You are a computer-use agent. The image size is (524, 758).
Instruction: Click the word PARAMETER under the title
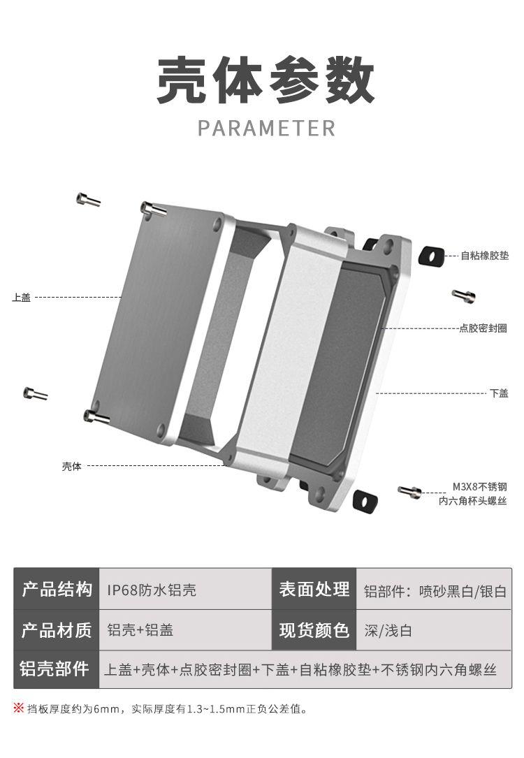266,129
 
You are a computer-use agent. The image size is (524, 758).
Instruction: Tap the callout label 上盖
22,298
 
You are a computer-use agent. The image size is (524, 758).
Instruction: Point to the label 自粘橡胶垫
484,256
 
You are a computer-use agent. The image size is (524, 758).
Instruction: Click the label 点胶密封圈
483,328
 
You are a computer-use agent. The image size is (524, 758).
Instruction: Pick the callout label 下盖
498,393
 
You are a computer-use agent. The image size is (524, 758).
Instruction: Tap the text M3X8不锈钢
479,487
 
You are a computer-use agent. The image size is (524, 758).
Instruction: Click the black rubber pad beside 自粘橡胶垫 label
431,256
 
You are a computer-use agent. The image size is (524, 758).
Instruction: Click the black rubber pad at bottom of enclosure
365,500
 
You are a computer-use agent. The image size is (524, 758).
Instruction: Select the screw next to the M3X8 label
410,492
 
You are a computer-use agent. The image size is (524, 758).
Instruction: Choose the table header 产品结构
57,589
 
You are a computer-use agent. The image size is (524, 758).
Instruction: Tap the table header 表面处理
314,589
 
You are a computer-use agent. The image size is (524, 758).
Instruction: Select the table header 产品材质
57,630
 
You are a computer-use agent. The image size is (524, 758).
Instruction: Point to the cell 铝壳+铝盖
140,630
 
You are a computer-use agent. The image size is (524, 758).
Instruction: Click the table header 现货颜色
314,630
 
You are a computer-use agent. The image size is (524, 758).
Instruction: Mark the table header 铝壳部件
57,669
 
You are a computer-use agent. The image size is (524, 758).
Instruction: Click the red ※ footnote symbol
19,708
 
